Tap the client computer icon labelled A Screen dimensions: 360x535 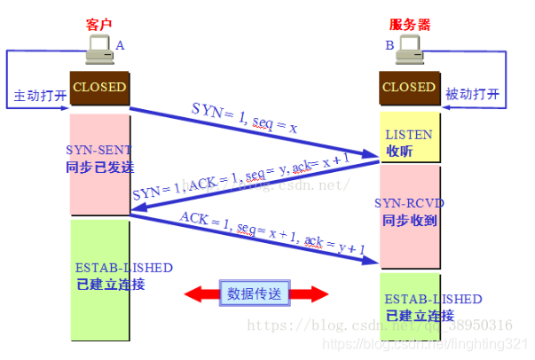98,53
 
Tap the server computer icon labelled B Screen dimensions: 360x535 411,53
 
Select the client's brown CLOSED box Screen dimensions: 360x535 99,87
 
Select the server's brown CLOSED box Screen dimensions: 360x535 409,87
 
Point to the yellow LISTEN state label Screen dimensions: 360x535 409,134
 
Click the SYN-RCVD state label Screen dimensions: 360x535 409,203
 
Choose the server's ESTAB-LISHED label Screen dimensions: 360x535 434,299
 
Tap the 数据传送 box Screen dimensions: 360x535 256,293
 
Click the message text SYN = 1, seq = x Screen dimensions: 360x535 244,118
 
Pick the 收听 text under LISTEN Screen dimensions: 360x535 399,150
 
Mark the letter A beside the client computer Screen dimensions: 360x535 120,44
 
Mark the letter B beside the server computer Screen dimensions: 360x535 389,44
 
